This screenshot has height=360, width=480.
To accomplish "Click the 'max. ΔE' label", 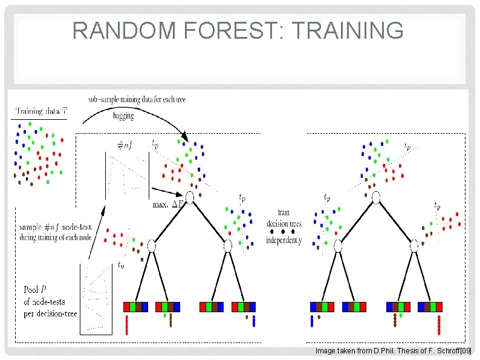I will pos(169,205).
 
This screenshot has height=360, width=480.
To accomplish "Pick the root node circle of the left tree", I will pos(189,197).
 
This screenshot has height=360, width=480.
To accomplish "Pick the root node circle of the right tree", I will pos(376,197).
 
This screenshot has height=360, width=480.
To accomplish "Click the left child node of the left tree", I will pos(152,246).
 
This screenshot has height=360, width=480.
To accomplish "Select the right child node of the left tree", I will pos(227,246).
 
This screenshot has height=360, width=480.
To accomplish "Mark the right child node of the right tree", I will pos(414,246).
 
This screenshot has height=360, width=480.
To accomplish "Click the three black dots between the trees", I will pos(283,231).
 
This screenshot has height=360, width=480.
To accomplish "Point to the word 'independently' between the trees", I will pos(284,240).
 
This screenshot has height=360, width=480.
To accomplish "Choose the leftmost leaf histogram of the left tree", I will pos(135,307).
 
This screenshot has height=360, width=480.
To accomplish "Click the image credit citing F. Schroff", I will pos(393,351).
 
